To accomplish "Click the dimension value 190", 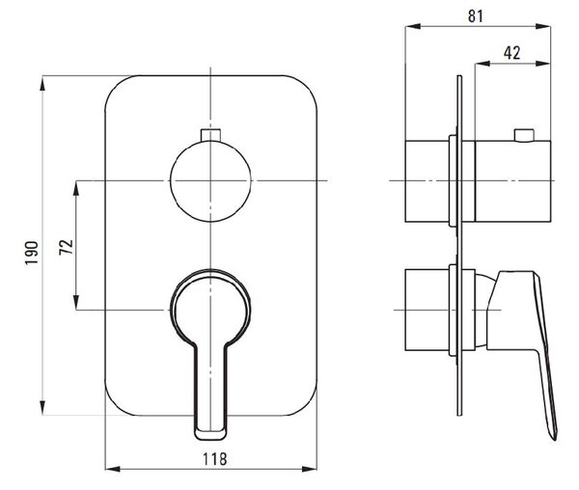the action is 32,253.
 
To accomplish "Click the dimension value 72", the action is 66,247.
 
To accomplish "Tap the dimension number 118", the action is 214,459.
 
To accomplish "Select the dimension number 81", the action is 475,16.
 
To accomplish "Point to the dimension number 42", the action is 512,53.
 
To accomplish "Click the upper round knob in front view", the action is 210,180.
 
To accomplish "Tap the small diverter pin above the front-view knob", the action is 210,135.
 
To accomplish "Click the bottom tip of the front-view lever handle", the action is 210,439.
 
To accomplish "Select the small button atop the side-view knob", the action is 524,135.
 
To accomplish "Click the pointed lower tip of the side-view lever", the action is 555,439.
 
